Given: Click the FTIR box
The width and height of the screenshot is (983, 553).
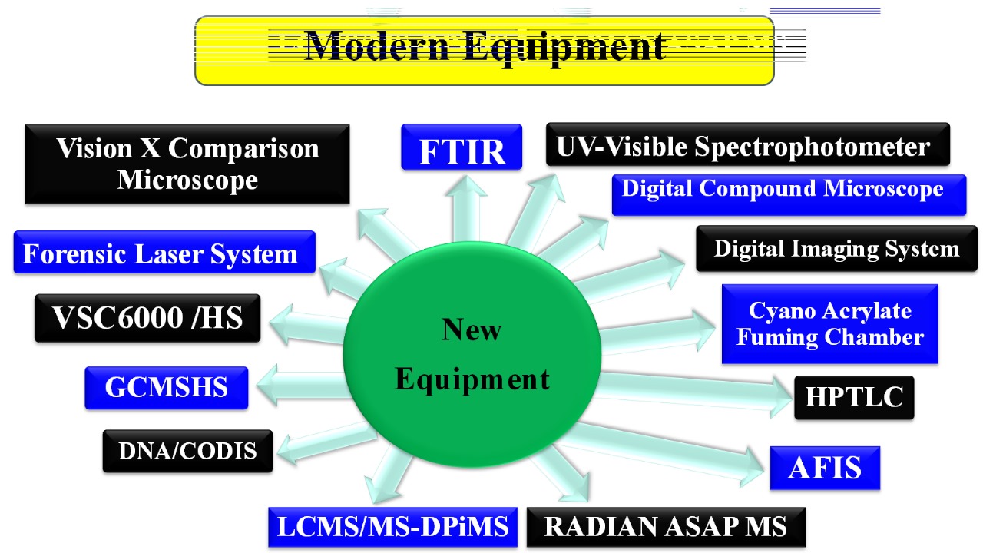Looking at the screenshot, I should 462,147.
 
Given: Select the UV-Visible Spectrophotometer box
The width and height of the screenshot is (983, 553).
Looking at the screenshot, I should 747,145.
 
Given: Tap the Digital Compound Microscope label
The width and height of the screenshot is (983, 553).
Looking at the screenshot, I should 789,194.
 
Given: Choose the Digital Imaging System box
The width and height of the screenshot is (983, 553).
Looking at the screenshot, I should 836,248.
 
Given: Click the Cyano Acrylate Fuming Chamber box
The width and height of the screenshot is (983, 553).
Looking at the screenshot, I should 829,324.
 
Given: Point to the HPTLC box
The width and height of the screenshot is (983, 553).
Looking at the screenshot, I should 854,397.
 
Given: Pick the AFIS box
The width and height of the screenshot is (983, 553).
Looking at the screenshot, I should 825,467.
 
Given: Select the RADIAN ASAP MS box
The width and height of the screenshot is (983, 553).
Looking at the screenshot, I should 665,526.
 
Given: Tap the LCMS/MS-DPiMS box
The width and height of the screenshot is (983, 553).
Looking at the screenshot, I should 392,527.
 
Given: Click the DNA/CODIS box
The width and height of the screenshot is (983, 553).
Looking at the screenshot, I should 187,451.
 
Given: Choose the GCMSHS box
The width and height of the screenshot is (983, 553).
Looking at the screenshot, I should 167,387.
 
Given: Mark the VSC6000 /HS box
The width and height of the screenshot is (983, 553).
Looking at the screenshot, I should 147,317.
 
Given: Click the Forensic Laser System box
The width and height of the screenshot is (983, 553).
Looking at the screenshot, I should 164,253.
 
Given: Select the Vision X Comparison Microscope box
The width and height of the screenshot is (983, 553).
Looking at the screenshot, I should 187,164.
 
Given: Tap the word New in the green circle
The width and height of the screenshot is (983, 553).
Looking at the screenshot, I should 472,330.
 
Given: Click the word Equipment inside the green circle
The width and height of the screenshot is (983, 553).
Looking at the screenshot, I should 472,379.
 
